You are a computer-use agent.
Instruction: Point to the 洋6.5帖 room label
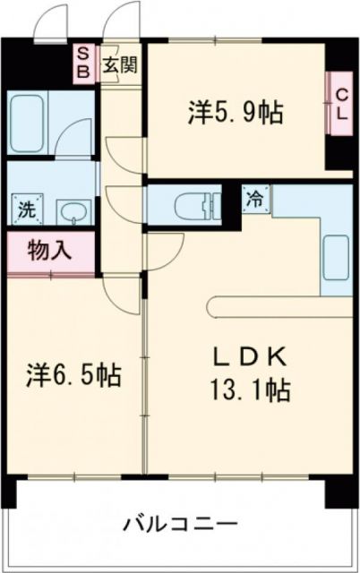tap(73, 372)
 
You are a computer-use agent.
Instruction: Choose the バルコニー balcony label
tap(180, 523)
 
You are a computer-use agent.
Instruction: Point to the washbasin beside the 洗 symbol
tap(72, 213)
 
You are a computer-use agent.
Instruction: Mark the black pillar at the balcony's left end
tap(9, 491)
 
